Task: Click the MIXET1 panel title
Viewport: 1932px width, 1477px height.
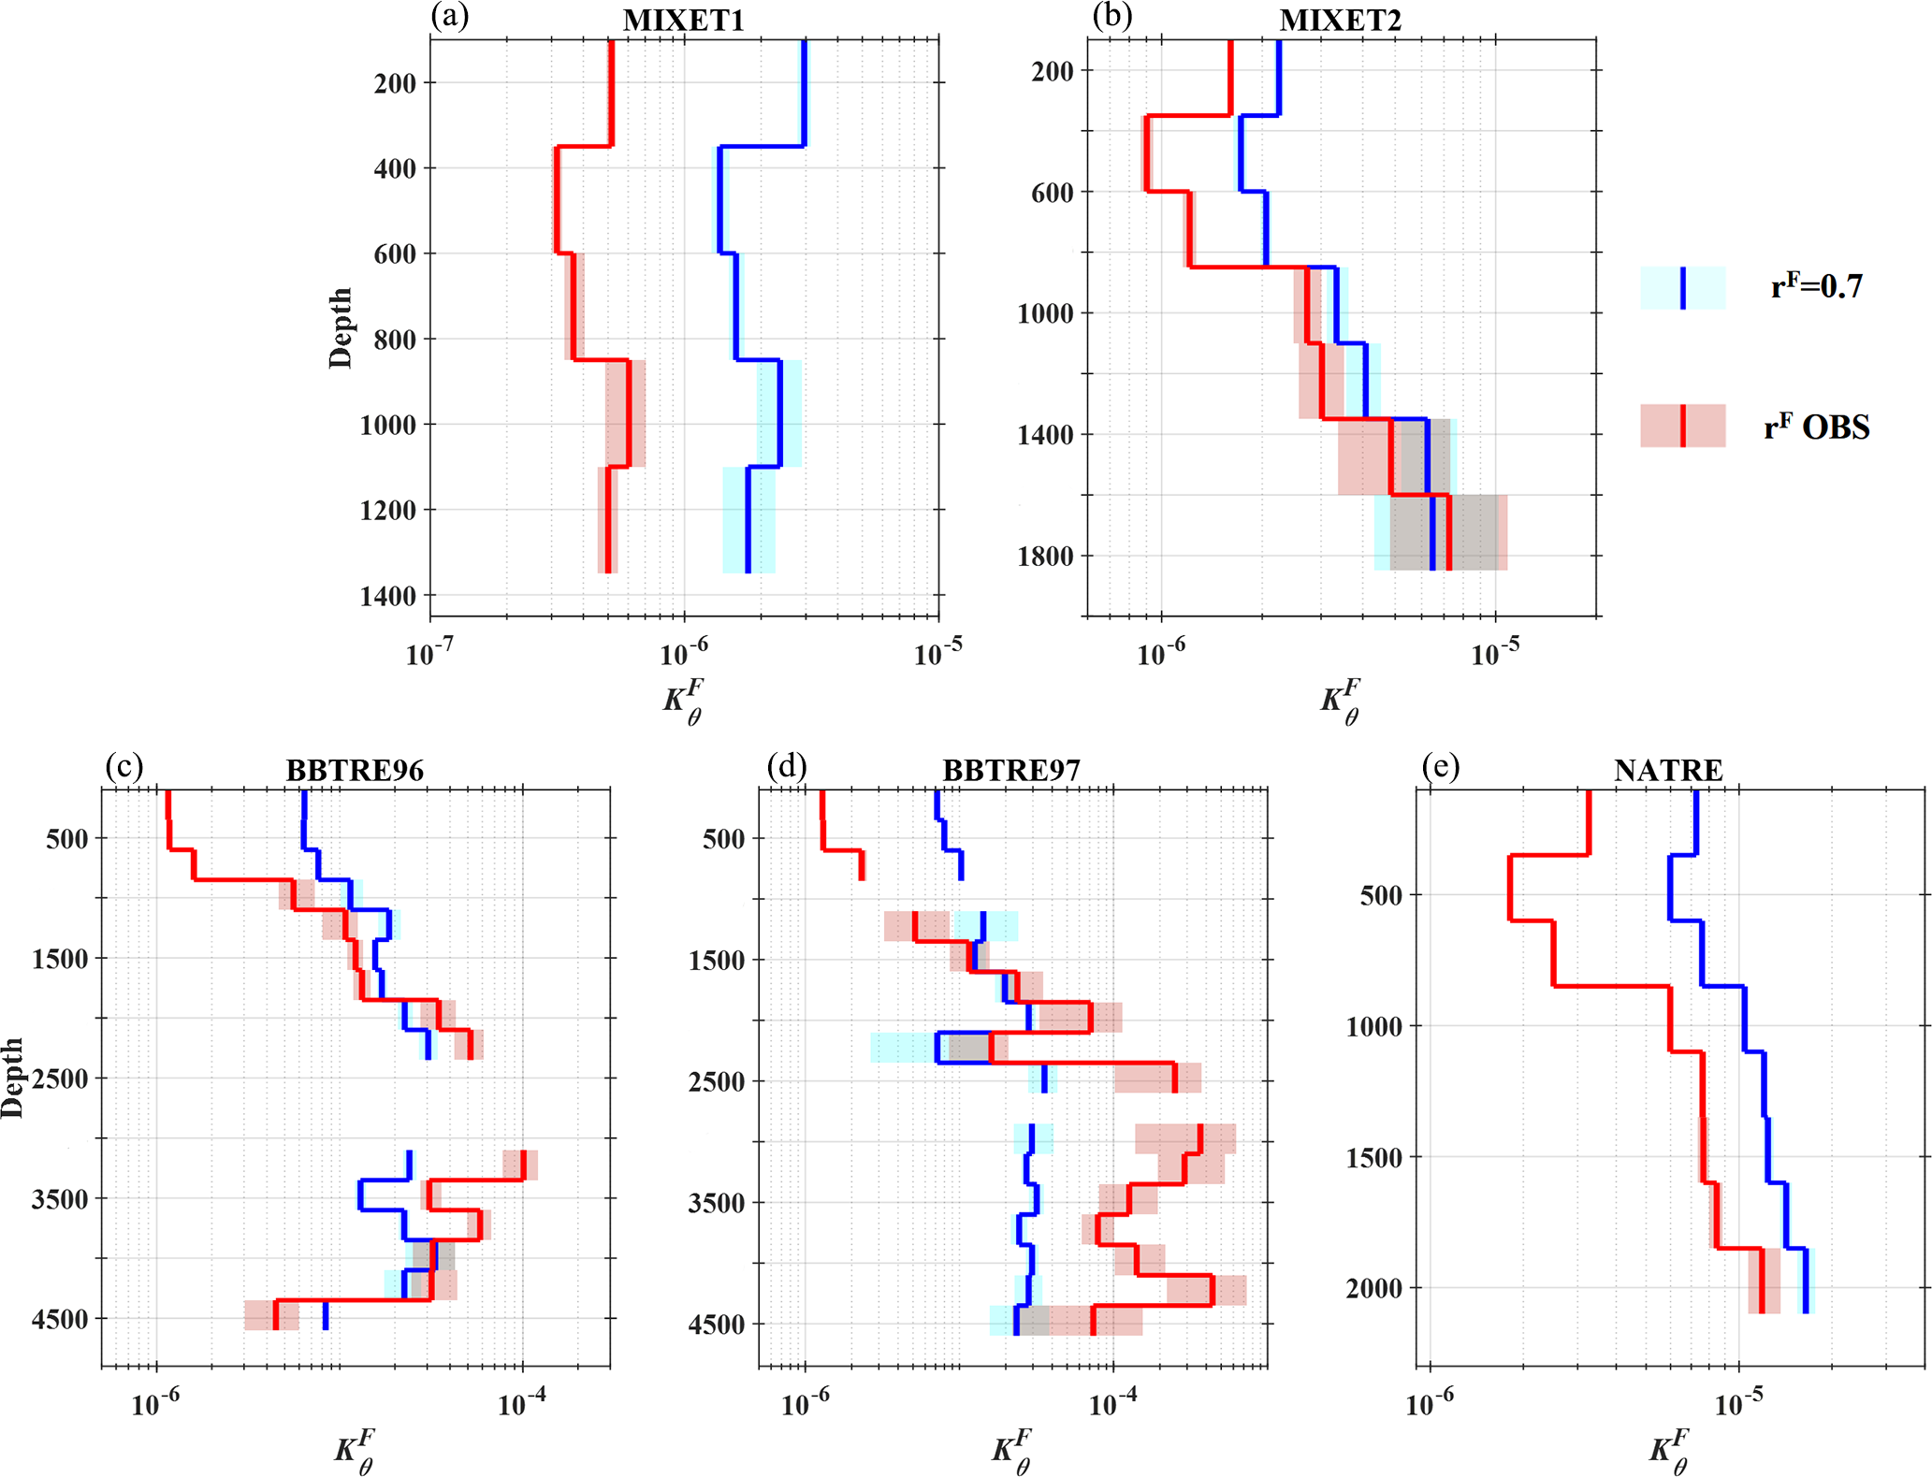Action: [x=684, y=21]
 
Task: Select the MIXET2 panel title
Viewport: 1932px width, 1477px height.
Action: [x=1341, y=21]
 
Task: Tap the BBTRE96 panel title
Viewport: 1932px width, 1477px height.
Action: [x=355, y=771]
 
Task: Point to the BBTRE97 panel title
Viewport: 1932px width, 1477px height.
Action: [x=1011, y=771]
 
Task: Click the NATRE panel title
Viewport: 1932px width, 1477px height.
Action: [x=1668, y=771]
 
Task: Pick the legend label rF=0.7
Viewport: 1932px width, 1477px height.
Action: [x=1817, y=286]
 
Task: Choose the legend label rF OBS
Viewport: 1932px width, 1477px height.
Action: [x=1817, y=427]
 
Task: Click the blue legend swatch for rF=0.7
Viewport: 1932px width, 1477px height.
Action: [x=1682, y=287]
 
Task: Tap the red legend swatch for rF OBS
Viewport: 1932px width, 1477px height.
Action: [x=1682, y=427]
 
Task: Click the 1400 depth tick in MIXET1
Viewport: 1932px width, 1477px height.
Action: [x=387, y=596]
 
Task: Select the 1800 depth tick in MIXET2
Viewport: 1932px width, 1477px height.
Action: [x=1046, y=557]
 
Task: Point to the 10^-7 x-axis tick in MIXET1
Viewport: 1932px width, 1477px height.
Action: [x=429, y=653]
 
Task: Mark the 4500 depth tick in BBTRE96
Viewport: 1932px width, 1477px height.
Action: [x=60, y=1320]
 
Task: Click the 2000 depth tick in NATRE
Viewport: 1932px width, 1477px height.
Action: [x=1374, y=1289]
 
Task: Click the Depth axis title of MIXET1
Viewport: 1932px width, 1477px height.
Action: [x=341, y=327]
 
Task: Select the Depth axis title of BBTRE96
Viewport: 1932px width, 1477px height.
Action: [x=12, y=1078]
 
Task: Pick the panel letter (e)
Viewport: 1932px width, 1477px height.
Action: [x=1440, y=767]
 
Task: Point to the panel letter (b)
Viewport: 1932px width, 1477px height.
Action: [x=1111, y=17]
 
